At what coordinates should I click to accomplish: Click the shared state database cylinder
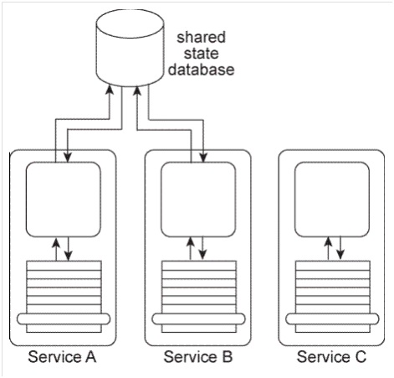[130, 48]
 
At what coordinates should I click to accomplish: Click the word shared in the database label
[201, 37]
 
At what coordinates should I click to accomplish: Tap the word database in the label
[201, 70]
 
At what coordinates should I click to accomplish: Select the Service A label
[62, 357]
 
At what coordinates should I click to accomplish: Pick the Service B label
[198, 357]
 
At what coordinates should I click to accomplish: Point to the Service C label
[331, 357]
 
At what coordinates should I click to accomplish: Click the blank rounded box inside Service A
[64, 199]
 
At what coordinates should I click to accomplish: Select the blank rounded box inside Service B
[198, 199]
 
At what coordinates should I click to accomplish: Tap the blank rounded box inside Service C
[332, 199]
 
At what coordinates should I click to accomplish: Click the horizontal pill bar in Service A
[64, 318]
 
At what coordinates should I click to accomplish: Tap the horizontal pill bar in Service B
[199, 318]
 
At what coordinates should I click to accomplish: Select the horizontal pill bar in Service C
[332, 318]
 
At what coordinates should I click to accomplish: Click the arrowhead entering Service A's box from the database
[68, 158]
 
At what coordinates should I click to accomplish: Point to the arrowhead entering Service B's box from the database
[203, 158]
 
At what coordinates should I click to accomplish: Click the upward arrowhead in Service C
[328, 241]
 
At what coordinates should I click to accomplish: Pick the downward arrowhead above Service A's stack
[69, 256]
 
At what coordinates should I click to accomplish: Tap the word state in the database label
[201, 54]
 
